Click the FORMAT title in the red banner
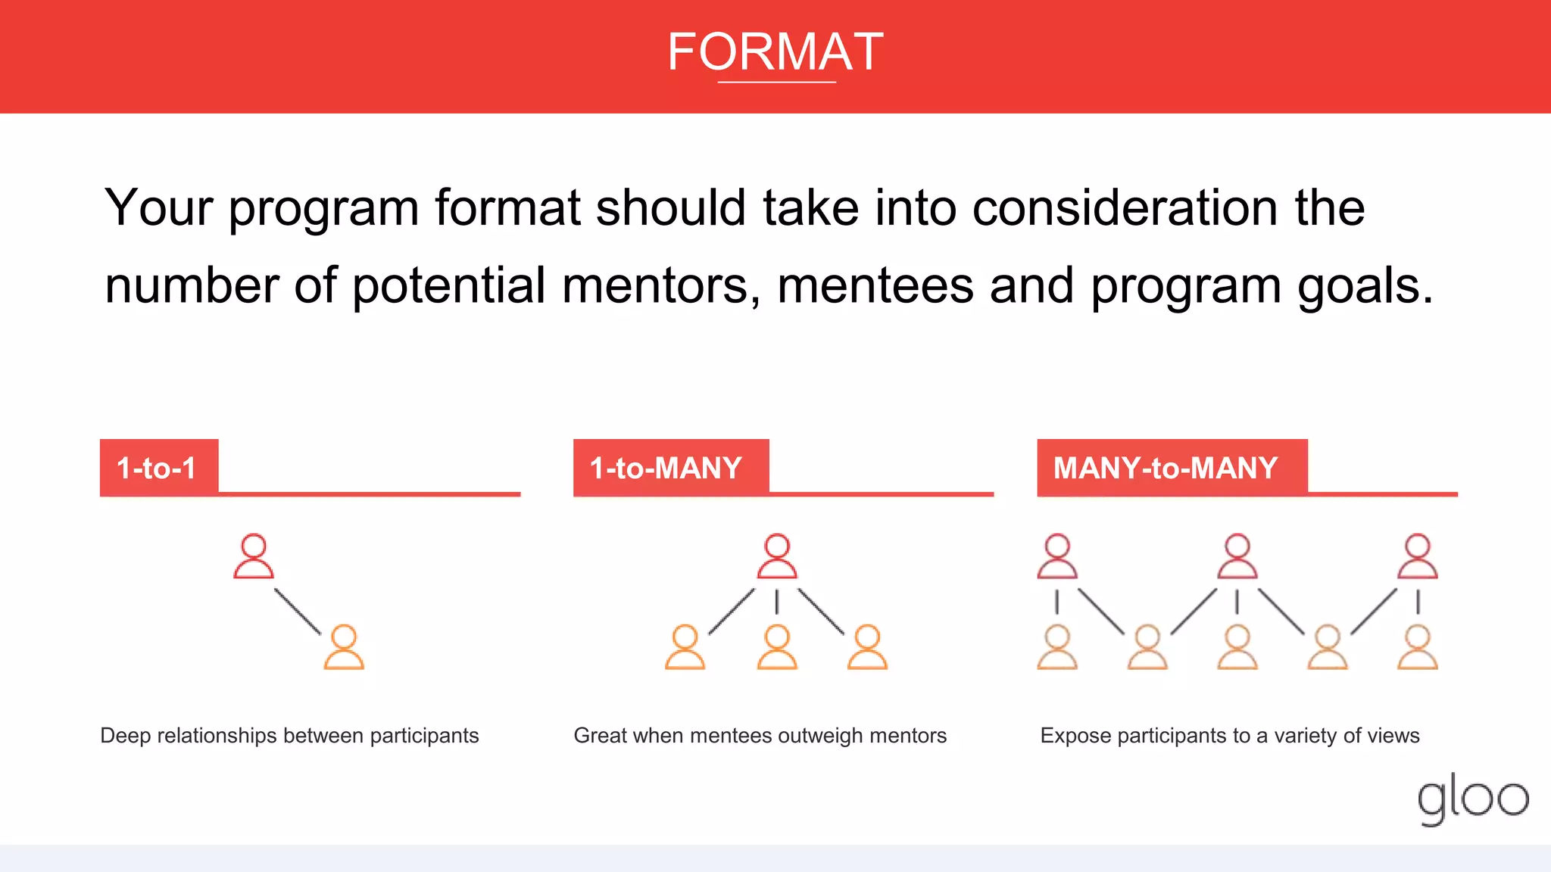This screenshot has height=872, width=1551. pyautogui.click(x=775, y=52)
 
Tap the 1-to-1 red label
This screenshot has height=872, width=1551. pyautogui.click(x=158, y=468)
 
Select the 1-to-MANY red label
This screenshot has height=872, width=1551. pyautogui.click(x=667, y=468)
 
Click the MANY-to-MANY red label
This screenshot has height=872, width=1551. pyautogui.click(x=1166, y=468)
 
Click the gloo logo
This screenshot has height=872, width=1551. pyautogui.click(x=1472, y=799)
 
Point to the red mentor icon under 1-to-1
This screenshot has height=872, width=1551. pyautogui.click(x=254, y=557)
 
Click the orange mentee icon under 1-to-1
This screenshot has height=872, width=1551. pyautogui.click(x=344, y=648)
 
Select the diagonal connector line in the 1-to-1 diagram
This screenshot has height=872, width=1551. pyautogui.click(x=298, y=611)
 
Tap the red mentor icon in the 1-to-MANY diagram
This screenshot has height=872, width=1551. pyautogui.click(x=777, y=557)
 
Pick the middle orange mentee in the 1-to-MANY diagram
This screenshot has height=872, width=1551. pyautogui.click(x=777, y=648)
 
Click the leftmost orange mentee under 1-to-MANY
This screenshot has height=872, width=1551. pyautogui.click(x=685, y=648)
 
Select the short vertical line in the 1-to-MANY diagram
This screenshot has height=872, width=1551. pyautogui.click(x=777, y=603)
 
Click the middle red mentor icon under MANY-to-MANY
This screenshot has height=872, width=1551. pyautogui.click(x=1237, y=557)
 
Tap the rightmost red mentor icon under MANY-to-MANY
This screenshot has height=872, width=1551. pyautogui.click(x=1418, y=557)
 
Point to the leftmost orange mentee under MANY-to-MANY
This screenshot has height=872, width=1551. pyautogui.click(x=1057, y=648)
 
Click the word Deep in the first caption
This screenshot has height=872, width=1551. pyautogui.click(x=125, y=736)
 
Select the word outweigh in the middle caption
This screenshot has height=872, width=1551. pyautogui.click(x=820, y=736)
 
